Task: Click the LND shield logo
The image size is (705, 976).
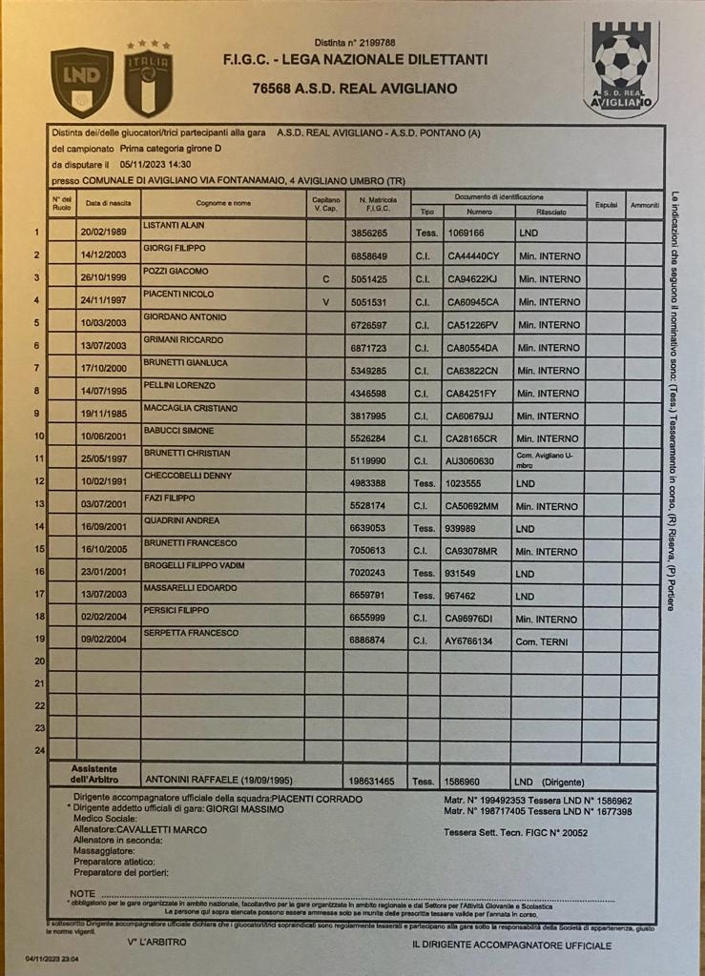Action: tap(81, 82)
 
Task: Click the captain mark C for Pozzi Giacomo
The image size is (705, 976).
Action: tap(325, 279)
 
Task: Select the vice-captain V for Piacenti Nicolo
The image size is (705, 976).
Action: tap(325, 302)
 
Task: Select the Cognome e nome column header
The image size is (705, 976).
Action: tap(223, 203)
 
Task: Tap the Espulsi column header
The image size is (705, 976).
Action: tap(606, 204)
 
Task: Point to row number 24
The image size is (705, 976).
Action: tap(39, 751)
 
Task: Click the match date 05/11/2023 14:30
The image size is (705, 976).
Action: tap(156, 164)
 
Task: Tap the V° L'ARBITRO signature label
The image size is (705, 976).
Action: tap(156, 942)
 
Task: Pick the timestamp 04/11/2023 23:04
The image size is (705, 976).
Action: tap(52, 960)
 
